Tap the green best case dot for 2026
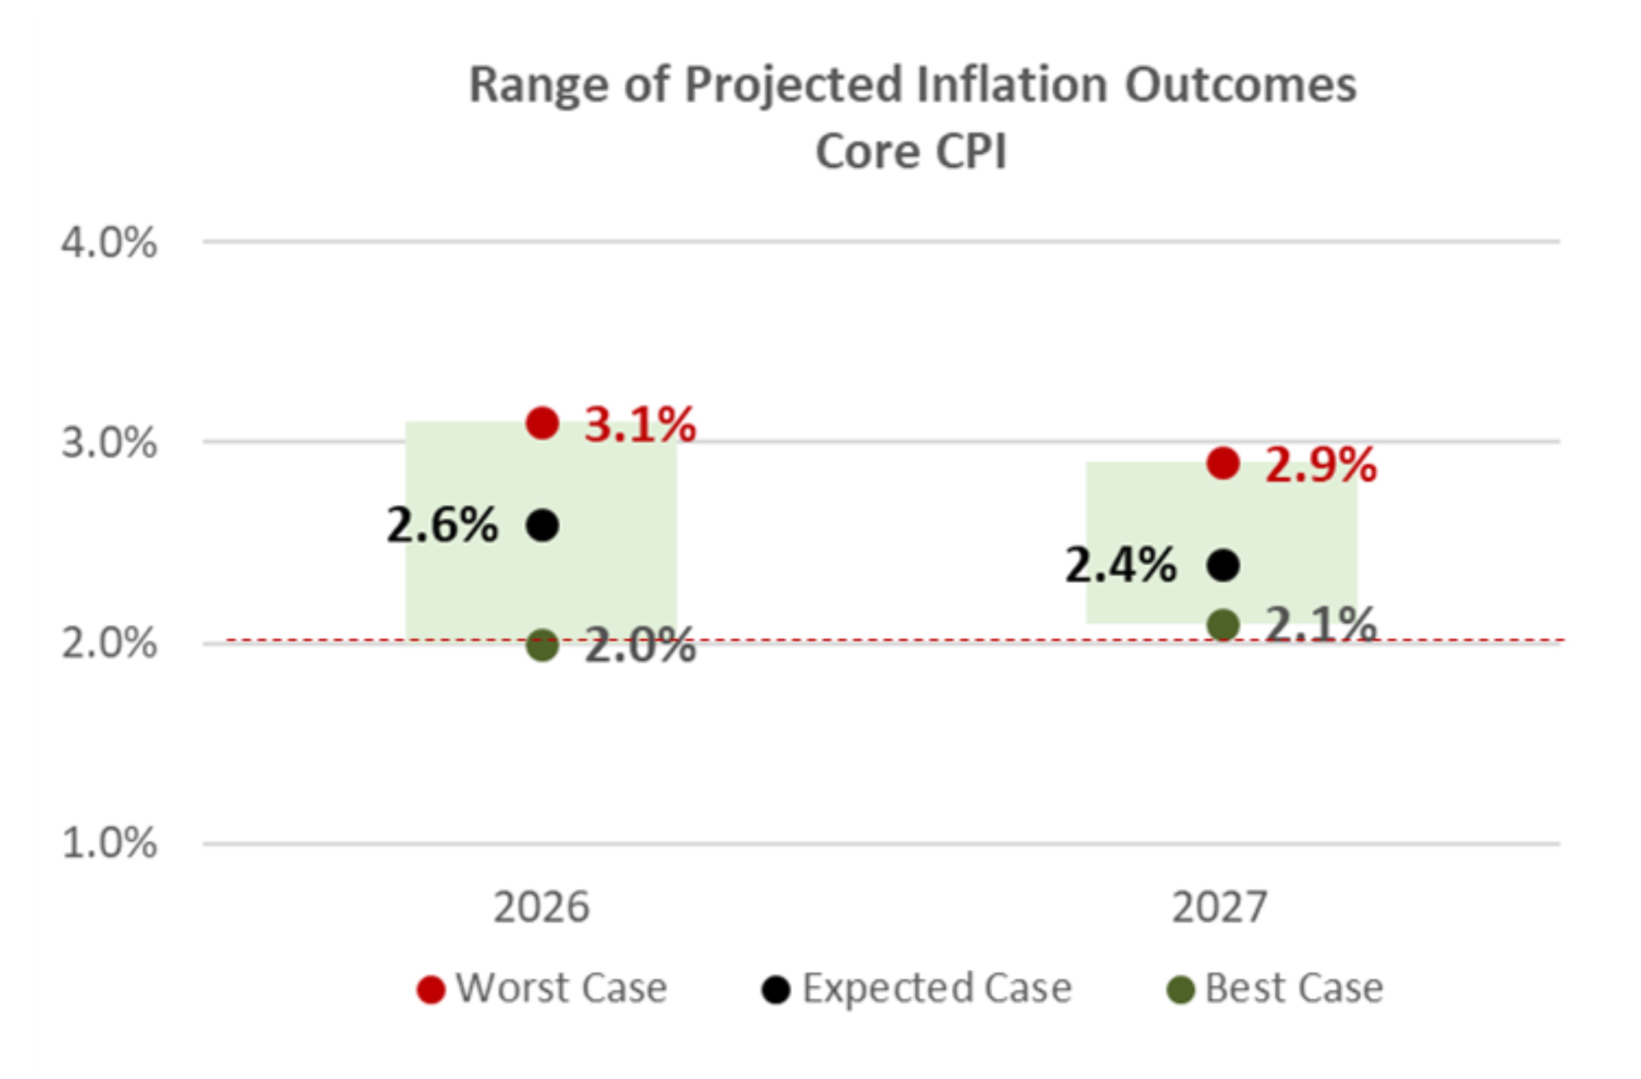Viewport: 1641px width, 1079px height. (x=543, y=645)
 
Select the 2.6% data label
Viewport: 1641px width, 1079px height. (x=442, y=525)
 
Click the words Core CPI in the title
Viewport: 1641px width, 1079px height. (x=911, y=151)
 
